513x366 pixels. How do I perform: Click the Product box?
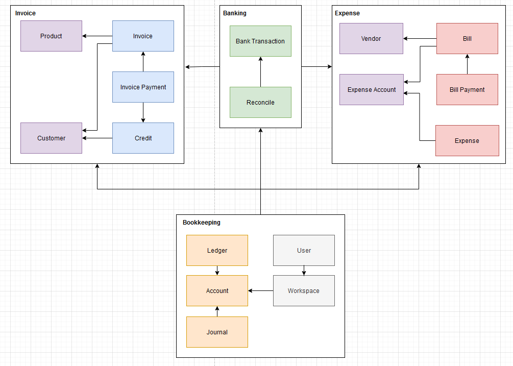click(51, 36)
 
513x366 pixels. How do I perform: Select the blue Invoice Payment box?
click(143, 87)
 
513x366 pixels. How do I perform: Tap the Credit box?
click(143, 138)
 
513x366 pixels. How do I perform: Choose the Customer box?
click(51, 138)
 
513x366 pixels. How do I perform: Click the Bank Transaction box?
click(260, 41)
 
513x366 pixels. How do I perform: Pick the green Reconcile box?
click(260, 102)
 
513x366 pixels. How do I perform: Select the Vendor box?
click(371, 38)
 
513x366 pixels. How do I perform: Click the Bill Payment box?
click(467, 89)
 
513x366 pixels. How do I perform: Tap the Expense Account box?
click(371, 89)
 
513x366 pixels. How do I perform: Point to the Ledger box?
click(217, 250)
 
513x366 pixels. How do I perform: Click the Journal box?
click(217, 332)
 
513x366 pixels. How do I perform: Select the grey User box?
click(304, 250)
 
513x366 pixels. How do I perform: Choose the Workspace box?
click(304, 290)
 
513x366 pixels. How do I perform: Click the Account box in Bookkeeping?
click(217, 290)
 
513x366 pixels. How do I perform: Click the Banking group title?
click(235, 13)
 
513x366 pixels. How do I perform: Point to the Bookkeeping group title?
click(202, 223)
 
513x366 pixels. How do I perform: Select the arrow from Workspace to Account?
click(261, 291)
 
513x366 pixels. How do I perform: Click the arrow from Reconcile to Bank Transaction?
click(260, 71)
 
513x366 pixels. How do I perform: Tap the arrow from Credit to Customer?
click(97, 138)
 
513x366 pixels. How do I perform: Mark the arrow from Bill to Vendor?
click(420, 38)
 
